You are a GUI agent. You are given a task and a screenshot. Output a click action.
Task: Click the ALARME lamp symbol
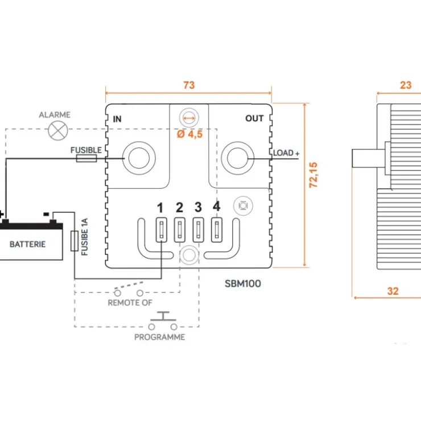pos(58,130)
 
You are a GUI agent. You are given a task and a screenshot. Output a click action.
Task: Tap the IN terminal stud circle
pos(139,158)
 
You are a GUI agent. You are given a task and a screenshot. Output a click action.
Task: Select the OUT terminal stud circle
pos(237,158)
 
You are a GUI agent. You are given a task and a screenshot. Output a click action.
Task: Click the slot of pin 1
pos(162,230)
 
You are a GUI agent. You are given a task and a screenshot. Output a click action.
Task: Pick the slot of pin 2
pos(180,230)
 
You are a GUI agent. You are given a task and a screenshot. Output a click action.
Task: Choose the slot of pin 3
pos(198,230)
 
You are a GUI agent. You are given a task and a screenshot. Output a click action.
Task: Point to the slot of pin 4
pos(217,230)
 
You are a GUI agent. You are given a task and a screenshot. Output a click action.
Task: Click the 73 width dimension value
pos(189,85)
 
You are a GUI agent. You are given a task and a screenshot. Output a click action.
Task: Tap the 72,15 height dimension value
pos(313,175)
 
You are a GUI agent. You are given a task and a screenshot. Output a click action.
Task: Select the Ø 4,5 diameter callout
pos(190,134)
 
